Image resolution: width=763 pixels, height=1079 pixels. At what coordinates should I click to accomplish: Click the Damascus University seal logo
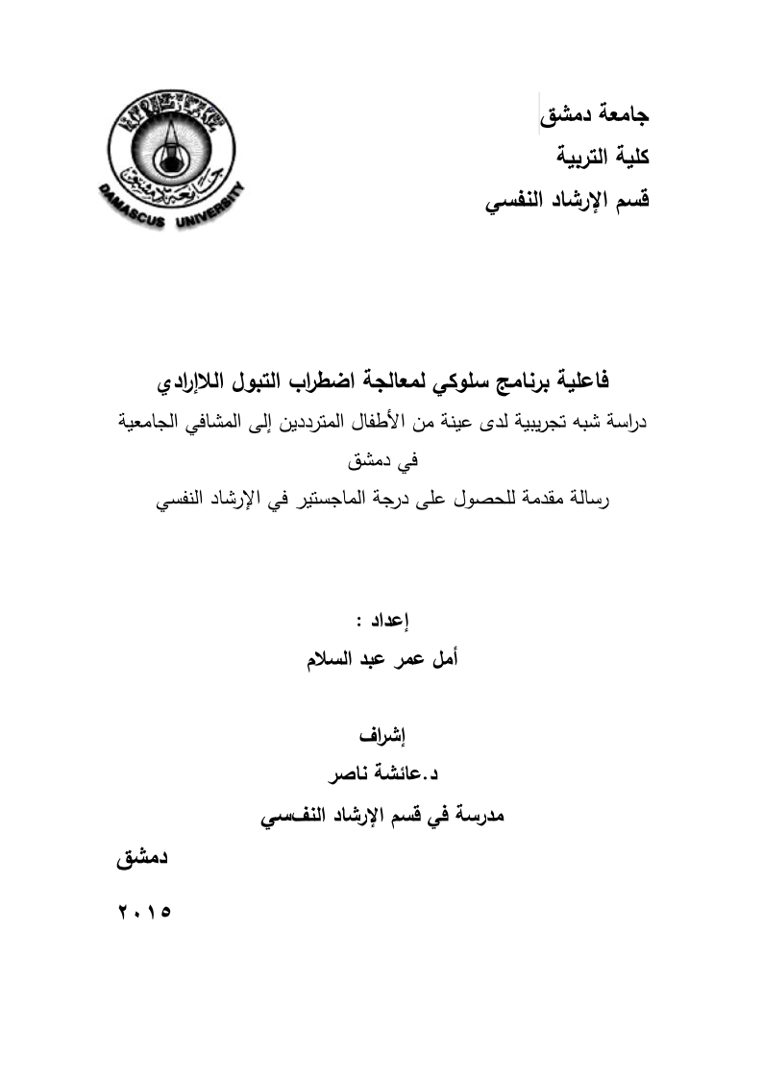pyautogui.click(x=171, y=153)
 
